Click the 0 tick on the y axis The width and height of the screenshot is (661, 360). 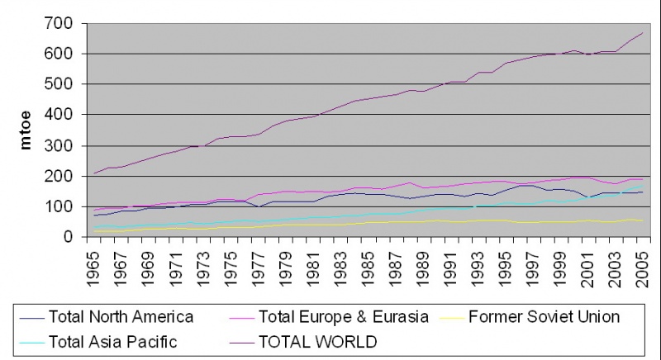point(74,237)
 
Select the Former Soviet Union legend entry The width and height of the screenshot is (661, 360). point(543,316)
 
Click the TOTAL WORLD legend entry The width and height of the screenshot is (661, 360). point(318,341)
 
